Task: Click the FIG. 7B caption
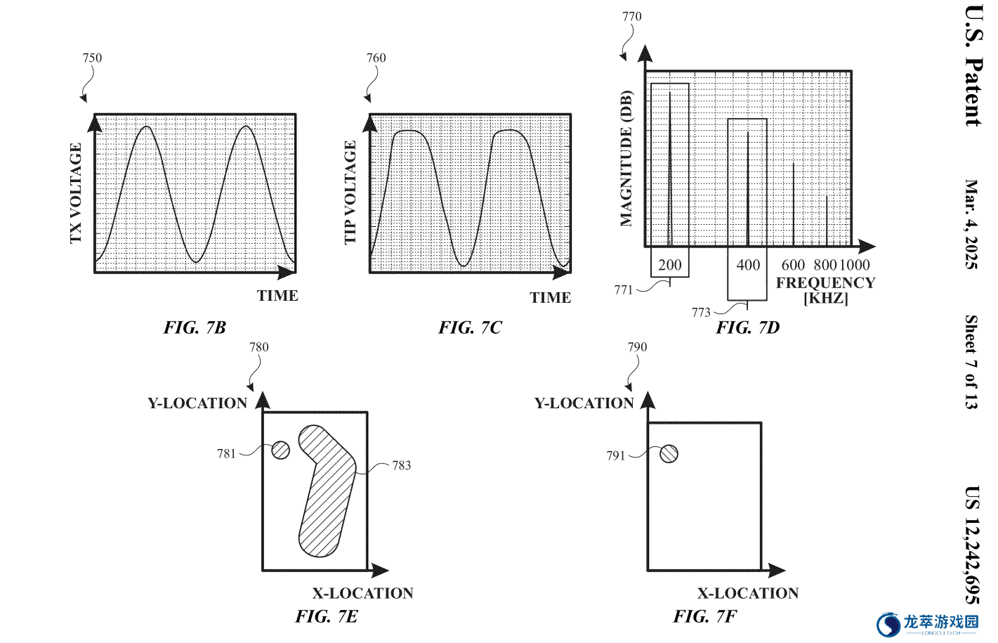195,327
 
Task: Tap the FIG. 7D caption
747,327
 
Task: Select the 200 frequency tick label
669,265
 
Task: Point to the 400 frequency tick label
748,265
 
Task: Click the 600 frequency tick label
793,265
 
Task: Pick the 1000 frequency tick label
855,265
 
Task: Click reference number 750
92,58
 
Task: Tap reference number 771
624,290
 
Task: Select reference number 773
701,313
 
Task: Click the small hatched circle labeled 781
280,450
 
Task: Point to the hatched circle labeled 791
669,454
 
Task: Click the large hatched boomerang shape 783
327,491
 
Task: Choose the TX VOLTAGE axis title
76,193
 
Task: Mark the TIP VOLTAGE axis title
350,193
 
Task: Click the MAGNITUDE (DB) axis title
626,159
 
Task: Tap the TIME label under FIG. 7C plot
550,297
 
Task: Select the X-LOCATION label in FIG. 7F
748,593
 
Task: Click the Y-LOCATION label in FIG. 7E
197,403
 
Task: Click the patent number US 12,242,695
972,545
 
